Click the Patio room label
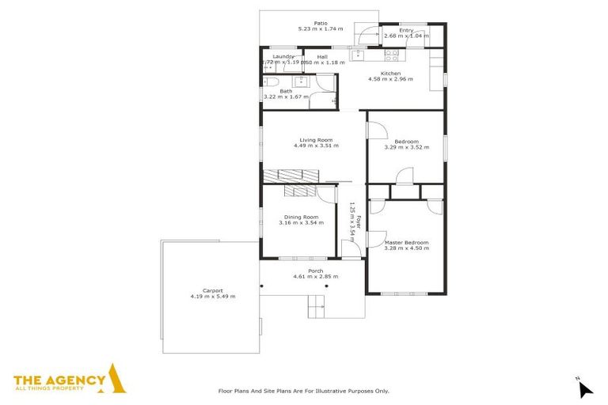[321, 23]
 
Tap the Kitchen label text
[391, 74]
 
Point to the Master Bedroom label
[406, 242]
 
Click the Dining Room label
[302, 217]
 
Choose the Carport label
[212, 290]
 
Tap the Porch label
[315, 271]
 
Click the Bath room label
[286, 91]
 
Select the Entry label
[406, 31]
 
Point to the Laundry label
[283, 57]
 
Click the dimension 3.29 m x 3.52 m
[406, 147]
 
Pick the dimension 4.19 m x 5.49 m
[212, 297]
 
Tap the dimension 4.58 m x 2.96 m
[391, 79]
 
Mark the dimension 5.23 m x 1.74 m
[321, 29]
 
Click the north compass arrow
[584, 388]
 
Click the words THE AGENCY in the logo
[59, 378]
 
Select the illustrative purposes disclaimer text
[304, 391]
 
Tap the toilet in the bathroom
[268, 82]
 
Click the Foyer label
[359, 223]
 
